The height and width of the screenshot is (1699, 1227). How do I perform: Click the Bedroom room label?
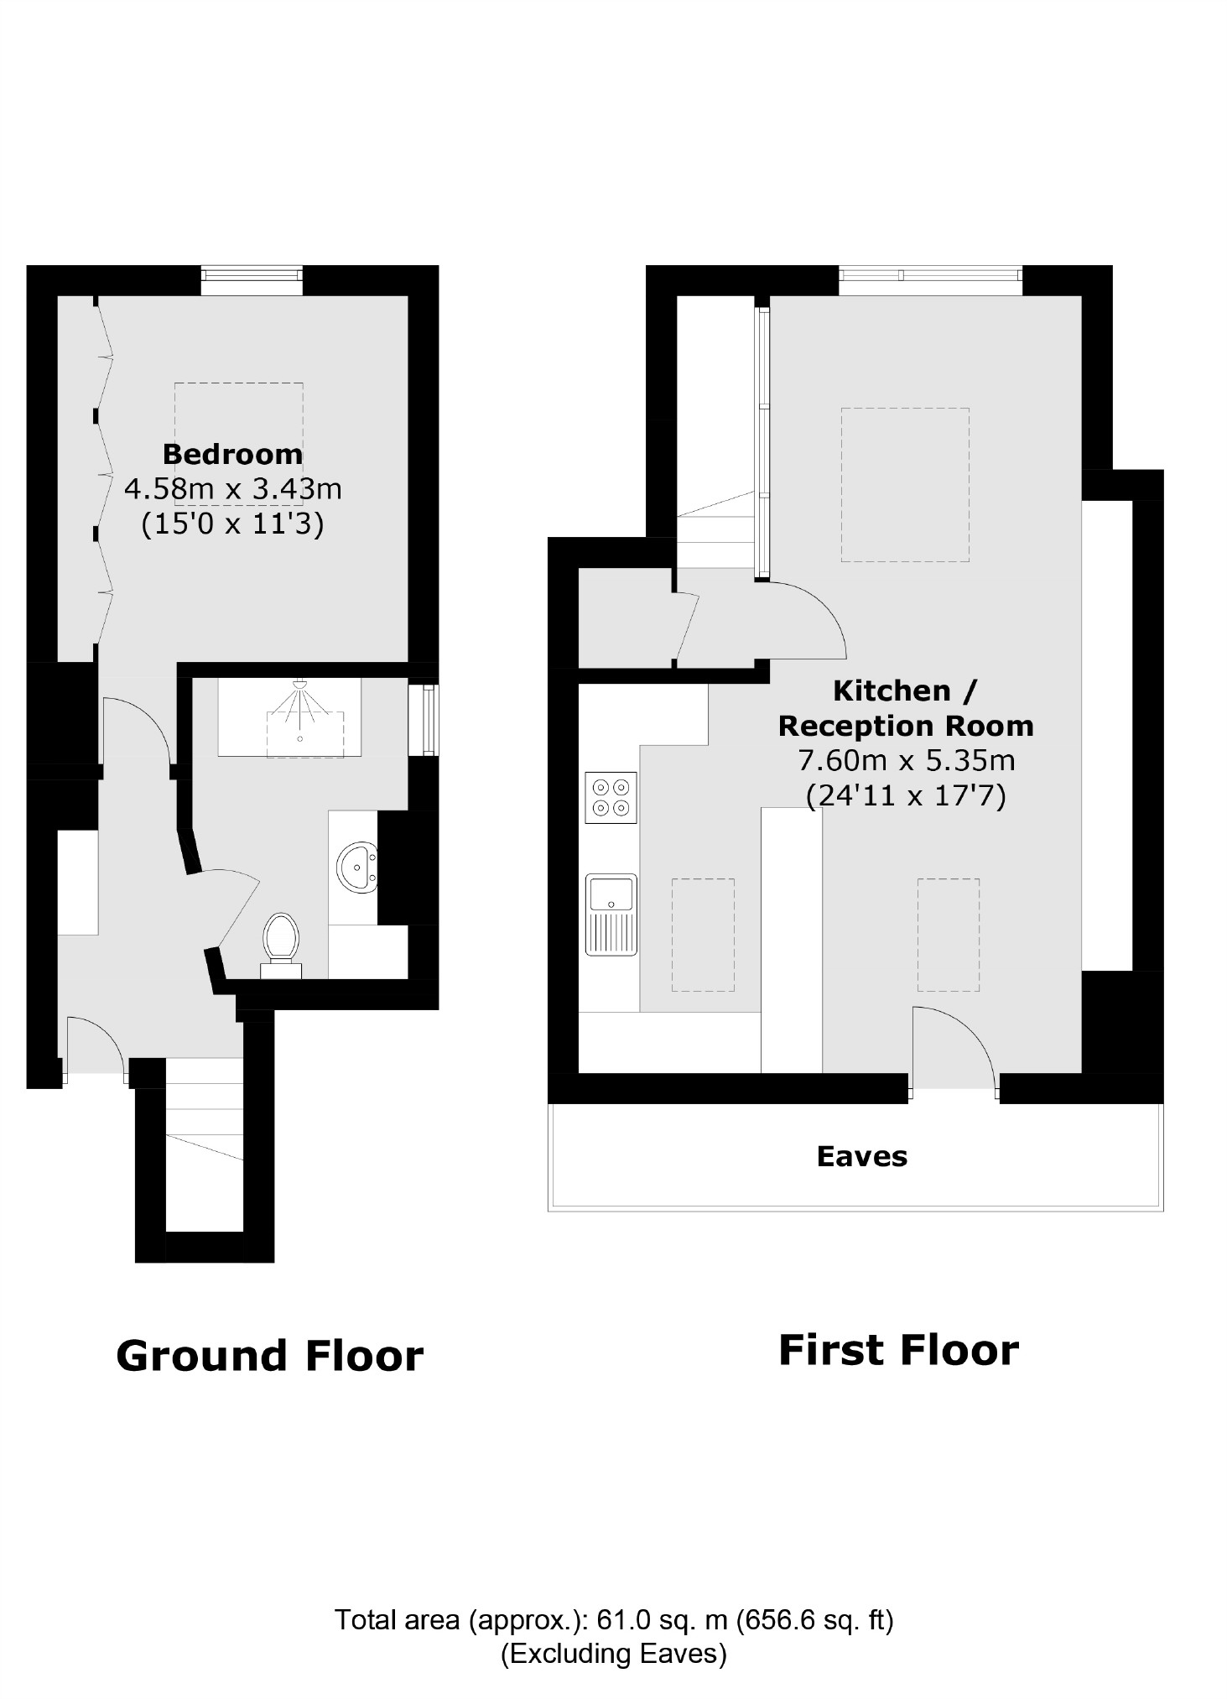click(x=232, y=454)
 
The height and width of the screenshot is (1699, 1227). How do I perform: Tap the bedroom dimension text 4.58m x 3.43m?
click(x=232, y=488)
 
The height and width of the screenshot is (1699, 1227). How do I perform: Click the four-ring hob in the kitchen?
click(x=611, y=797)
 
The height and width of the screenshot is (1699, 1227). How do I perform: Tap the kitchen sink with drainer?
click(x=611, y=914)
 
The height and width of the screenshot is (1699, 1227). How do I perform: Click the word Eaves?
click(x=861, y=1157)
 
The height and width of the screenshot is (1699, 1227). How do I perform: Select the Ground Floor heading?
click(x=269, y=1357)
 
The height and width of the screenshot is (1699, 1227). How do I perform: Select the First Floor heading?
click(x=897, y=1351)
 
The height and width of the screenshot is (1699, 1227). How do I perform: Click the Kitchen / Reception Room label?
click(x=905, y=708)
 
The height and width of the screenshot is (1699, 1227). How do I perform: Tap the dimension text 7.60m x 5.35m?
click(x=905, y=760)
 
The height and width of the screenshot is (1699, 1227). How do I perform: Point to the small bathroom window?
click(x=429, y=720)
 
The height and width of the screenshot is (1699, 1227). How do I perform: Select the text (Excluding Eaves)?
click(x=613, y=1654)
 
